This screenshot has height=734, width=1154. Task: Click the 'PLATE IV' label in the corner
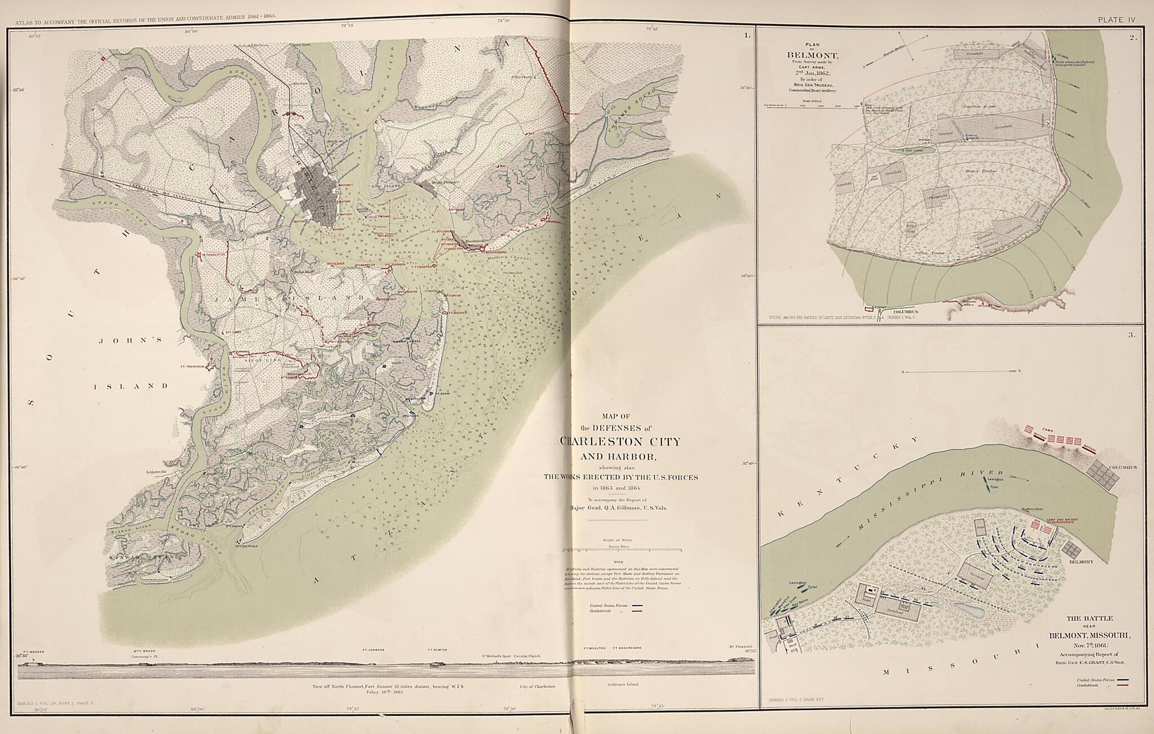coord(1116,20)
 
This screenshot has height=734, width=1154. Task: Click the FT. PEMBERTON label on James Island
coord(214,255)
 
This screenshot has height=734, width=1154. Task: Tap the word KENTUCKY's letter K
coord(782,514)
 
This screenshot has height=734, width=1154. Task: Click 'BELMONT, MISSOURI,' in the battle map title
coord(1089,635)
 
